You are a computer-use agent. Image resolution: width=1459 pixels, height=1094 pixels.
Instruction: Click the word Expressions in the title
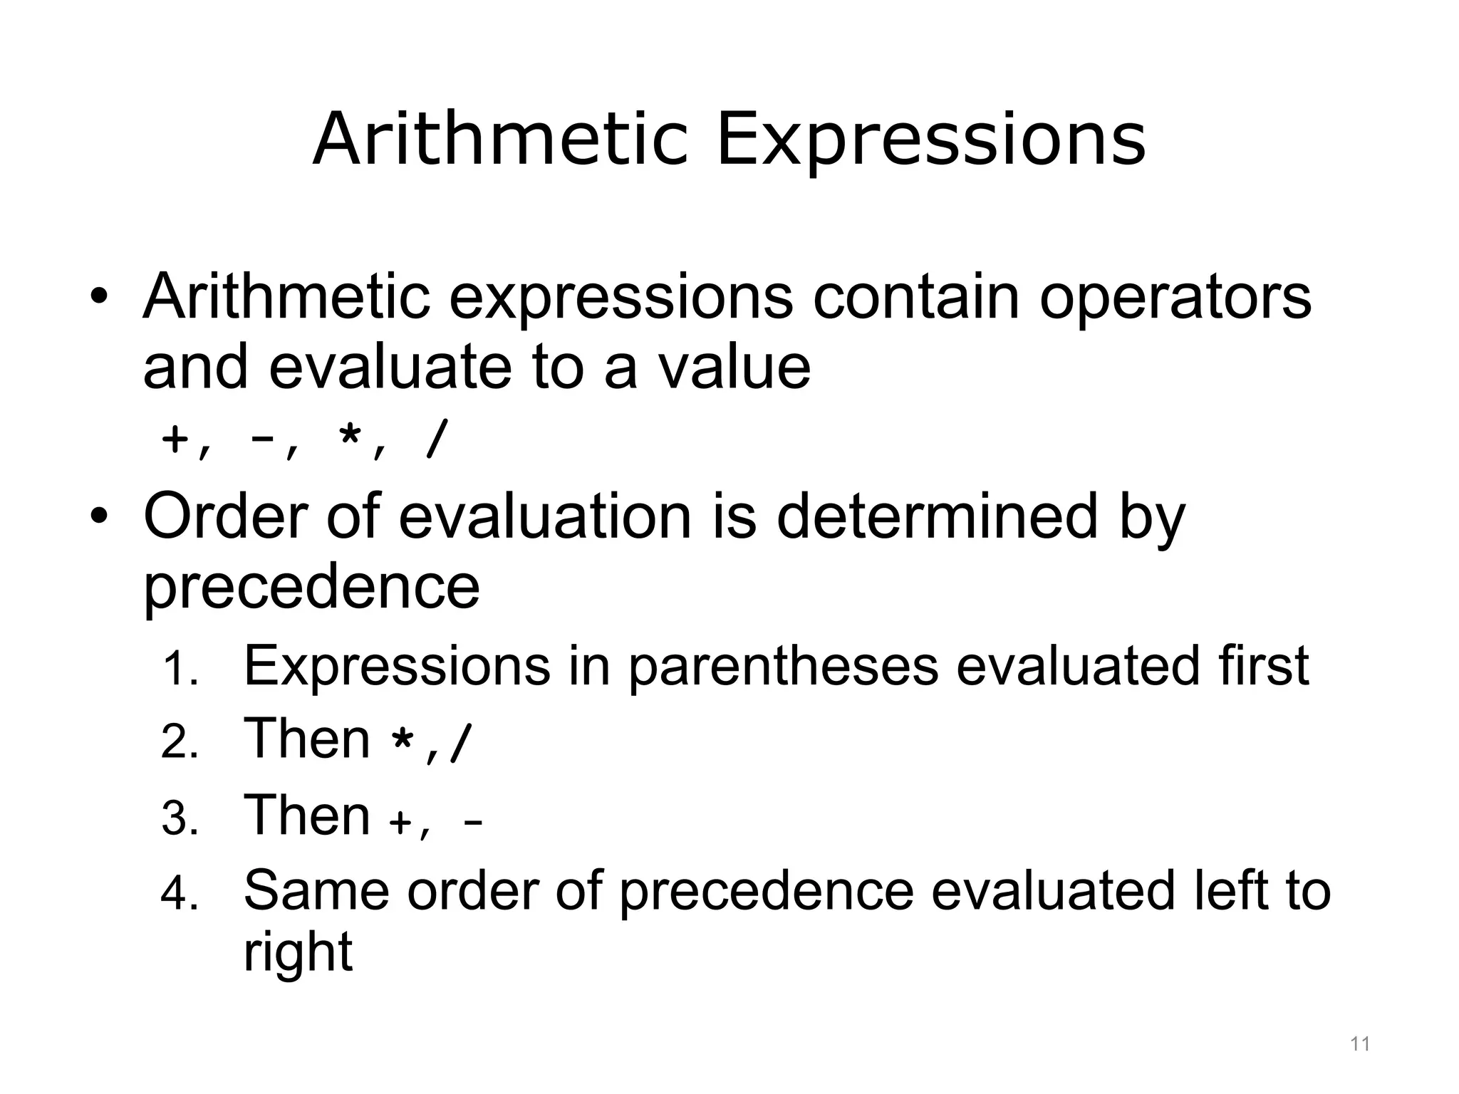click(x=930, y=140)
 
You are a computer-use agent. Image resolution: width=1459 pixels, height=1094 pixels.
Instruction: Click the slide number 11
click(x=1360, y=1044)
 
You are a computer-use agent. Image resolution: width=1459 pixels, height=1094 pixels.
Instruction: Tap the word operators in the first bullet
click(x=1175, y=297)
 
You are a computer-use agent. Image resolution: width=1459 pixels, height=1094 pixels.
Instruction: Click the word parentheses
click(x=784, y=666)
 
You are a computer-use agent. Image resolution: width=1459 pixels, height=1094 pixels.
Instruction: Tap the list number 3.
click(x=180, y=818)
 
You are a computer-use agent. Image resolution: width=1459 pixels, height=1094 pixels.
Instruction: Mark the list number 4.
click(x=180, y=894)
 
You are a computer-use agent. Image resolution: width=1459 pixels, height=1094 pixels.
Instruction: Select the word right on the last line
click(x=298, y=953)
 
